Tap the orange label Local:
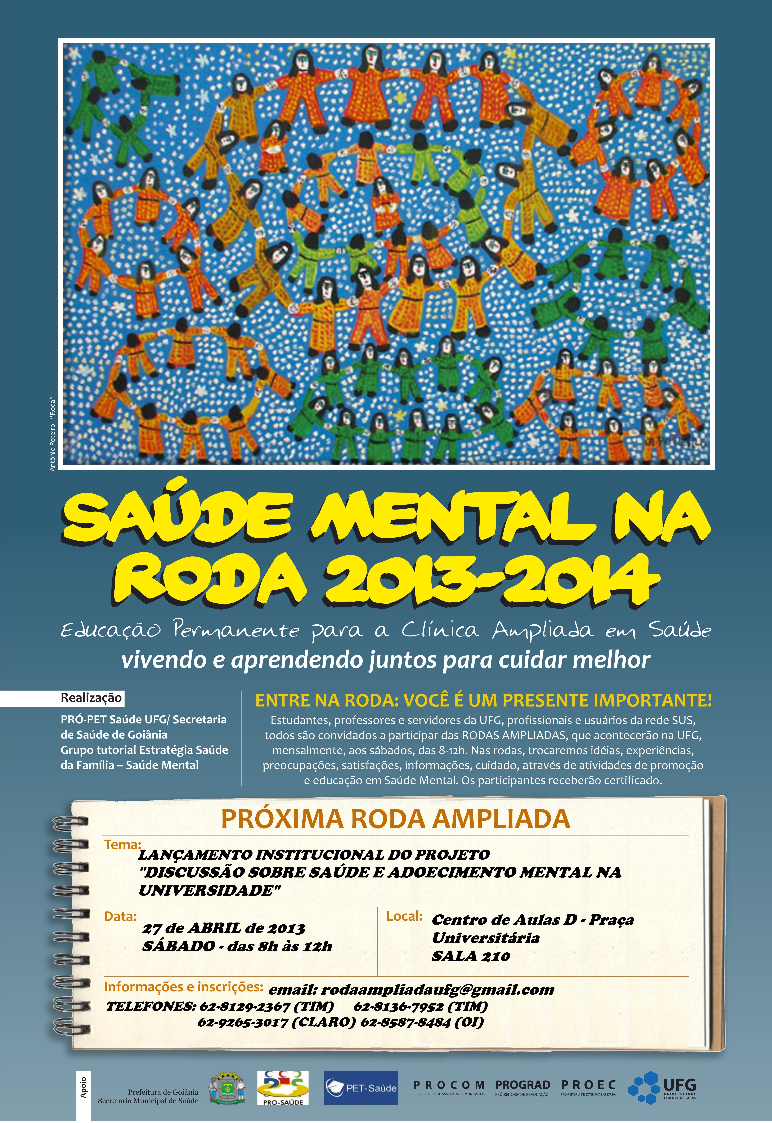[404, 916]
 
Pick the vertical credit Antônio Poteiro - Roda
[53, 435]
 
